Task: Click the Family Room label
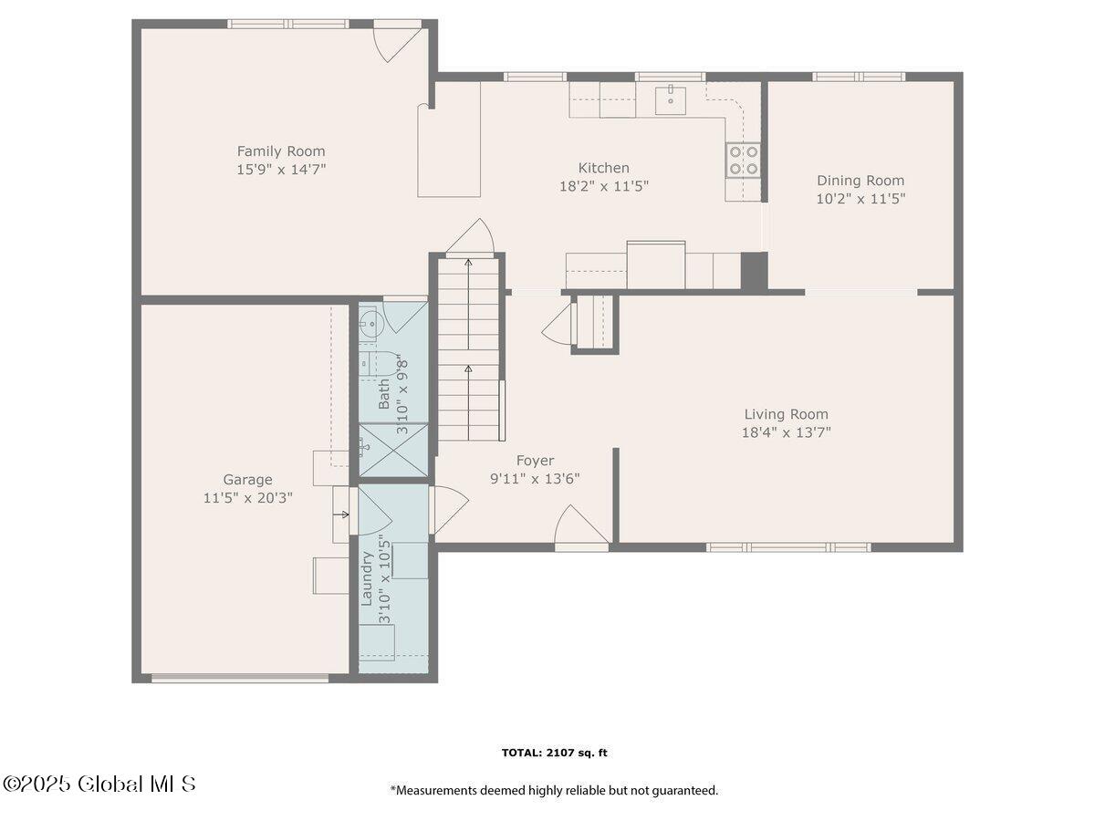pyautogui.click(x=281, y=151)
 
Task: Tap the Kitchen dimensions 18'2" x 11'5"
pyautogui.click(x=604, y=186)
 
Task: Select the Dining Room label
pyautogui.click(x=860, y=181)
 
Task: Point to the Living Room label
pyautogui.click(x=786, y=414)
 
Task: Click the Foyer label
pyautogui.click(x=535, y=461)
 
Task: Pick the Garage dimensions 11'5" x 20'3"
pyautogui.click(x=248, y=498)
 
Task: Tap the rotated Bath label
pyautogui.click(x=384, y=394)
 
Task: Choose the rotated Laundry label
pyautogui.click(x=367, y=578)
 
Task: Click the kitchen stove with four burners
pyautogui.click(x=744, y=161)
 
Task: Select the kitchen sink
pyautogui.click(x=671, y=98)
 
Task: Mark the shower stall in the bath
pyautogui.click(x=392, y=450)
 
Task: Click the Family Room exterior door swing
pyautogui.click(x=399, y=41)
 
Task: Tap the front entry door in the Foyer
pyautogui.click(x=582, y=529)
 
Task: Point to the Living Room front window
pyautogui.click(x=789, y=547)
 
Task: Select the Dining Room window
pyautogui.click(x=859, y=77)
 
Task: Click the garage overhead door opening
pyautogui.click(x=239, y=678)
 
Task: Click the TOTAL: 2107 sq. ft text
pyautogui.click(x=554, y=753)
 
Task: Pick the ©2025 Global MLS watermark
pyautogui.click(x=99, y=784)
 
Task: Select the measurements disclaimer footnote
pyautogui.click(x=554, y=791)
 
